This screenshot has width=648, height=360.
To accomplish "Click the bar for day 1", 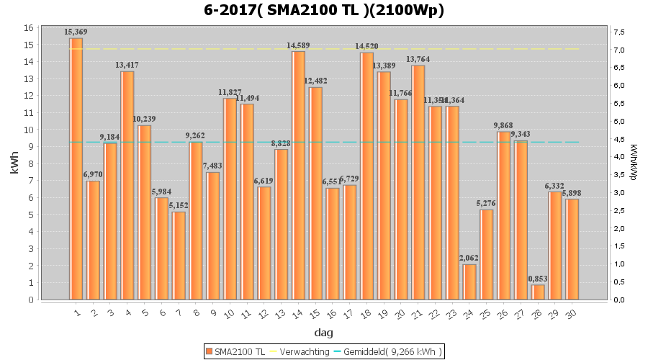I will point(76,168).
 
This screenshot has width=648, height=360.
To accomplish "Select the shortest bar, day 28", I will point(538,292).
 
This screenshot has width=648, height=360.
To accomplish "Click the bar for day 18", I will point(366,176).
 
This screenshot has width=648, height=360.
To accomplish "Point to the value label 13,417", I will point(127,66).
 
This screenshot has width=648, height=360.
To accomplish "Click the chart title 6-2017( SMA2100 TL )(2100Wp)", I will point(324,10).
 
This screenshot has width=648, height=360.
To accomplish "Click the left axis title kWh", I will point(15,163).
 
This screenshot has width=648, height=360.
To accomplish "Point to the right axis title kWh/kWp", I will point(633,163).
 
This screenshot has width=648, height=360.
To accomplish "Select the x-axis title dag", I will point(323,333).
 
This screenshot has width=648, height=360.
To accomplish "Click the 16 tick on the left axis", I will point(28,27).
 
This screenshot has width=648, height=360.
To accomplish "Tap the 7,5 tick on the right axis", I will point(618,32).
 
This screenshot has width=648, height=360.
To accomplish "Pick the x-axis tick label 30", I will point(572,313).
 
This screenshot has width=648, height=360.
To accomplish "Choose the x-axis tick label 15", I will point(315,313).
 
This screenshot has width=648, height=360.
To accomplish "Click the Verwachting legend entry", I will point(302,351).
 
